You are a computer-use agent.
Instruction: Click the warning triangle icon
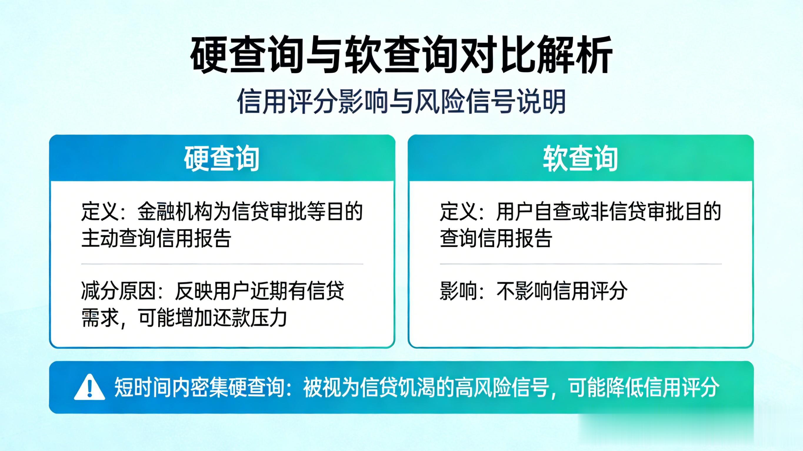89,387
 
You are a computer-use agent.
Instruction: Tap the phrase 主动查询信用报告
156,239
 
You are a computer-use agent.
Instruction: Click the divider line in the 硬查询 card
222,264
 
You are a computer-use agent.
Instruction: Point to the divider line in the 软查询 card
581,264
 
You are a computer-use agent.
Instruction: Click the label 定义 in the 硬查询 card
99,212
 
